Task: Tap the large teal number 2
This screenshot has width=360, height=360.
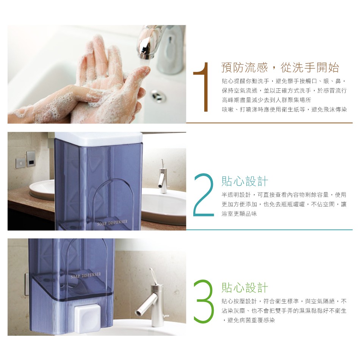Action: pyautogui.click(x=204, y=195)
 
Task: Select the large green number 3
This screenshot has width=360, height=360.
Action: pyautogui.click(x=204, y=301)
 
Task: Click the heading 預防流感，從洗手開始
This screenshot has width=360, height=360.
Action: pyautogui.click(x=280, y=67)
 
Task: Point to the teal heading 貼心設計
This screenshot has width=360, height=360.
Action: pyautogui.click(x=245, y=181)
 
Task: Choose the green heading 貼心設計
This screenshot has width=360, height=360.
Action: pyautogui.click(x=245, y=288)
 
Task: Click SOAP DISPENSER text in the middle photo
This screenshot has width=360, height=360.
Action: pyautogui.click(x=112, y=223)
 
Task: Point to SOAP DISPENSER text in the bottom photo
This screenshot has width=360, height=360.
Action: pyautogui.click(x=86, y=275)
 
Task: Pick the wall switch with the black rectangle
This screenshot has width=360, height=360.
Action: pyautogui.click(x=31, y=159)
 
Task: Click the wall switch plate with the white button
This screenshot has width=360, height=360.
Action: pyautogui.click(x=21, y=163)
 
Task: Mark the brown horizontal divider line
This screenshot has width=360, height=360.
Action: pyautogui.click(x=269, y=123)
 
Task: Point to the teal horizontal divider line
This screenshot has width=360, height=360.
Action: pyautogui.click(x=269, y=229)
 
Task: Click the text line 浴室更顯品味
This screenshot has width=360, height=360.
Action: pyautogui.click(x=239, y=214)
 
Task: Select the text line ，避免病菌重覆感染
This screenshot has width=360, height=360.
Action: pyautogui.click(x=248, y=320)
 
